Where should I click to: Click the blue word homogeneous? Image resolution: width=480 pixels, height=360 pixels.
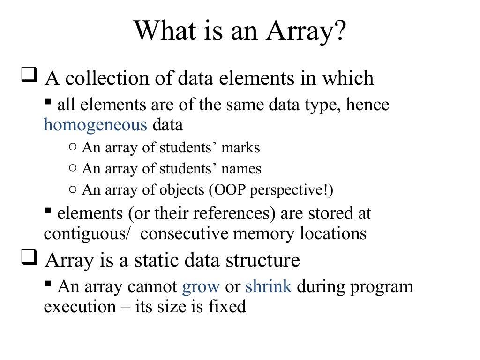point(95,125)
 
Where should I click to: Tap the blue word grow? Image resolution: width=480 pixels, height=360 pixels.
point(200,286)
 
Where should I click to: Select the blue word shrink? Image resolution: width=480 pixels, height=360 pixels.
point(269,286)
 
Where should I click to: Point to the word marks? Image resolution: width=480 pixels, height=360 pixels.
point(241,148)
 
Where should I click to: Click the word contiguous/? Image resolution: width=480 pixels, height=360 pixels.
point(86,233)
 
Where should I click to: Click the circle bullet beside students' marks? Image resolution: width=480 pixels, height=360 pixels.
point(72,147)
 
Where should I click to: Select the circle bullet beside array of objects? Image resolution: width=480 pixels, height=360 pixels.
point(72,189)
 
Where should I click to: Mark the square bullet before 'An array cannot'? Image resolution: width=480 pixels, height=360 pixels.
point(48,283)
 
